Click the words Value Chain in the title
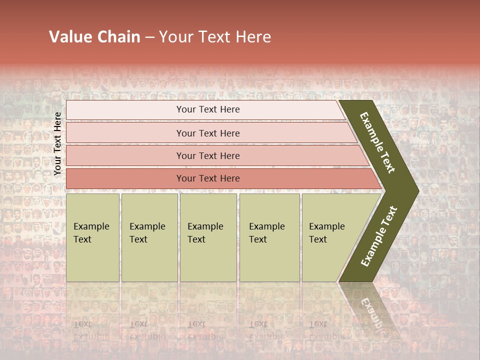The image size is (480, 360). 94,37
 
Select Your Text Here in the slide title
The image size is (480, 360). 215,37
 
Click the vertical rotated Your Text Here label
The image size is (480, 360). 57,143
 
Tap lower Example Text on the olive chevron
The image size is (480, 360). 379,236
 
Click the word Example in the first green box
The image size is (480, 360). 91,226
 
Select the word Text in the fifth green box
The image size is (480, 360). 318,239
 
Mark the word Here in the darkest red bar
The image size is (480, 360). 229,178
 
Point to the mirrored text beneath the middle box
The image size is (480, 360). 205,330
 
